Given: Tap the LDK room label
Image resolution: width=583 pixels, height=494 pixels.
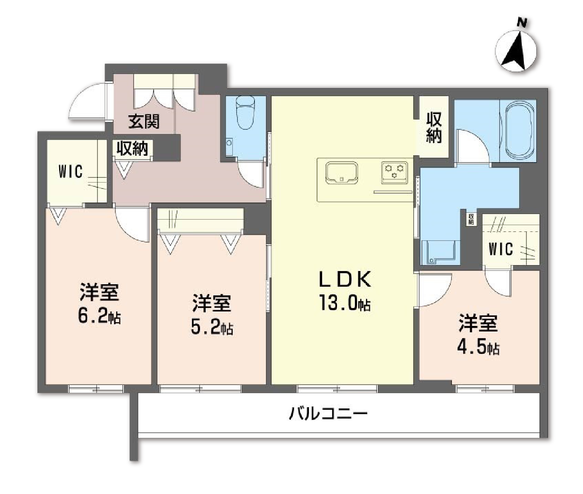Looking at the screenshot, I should (x=345, y=279).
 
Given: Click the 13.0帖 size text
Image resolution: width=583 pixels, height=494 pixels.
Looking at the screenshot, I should (x=345, y=303).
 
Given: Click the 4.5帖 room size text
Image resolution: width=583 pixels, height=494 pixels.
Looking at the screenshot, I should (x=478, y=347).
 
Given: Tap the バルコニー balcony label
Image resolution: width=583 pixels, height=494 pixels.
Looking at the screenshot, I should (x=328, y=413).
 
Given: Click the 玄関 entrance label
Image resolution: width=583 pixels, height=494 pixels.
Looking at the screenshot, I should (x=144, y=121).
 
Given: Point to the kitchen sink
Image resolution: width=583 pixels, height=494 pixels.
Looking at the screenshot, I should (x=341, y=172).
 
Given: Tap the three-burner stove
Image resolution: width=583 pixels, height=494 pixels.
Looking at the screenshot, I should (x=394, y=171).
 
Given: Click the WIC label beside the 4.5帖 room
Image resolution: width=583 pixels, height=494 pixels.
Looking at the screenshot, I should (x=500, y=249).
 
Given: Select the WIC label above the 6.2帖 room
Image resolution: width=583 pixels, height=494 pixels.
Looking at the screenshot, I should (x=70, y=171).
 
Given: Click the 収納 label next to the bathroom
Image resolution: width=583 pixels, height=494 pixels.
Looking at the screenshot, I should (x=434, y=127).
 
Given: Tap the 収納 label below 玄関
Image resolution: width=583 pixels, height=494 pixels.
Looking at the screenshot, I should (x=132, y=148).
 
